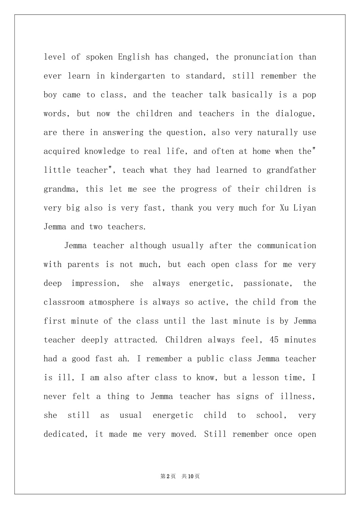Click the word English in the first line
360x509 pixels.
pyautogui.click(x=134, y=57)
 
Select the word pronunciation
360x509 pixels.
pyautogui.click(x=263, y=57)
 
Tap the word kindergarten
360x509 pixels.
pyautogui.click(x=138, y=76)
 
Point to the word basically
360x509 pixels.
pyautogui.click(x=252, y=95)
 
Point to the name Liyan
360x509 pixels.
pyautogui.click(x=305, y=208)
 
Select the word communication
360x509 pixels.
pyautogui.click(x=286, y=245)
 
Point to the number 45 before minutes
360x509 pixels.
pyautogui.click(x=274, y=340)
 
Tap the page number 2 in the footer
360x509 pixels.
pyautogui.click(x=168, y=476)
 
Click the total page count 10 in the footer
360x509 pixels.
pyautogui.click(x=191, y=476)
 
